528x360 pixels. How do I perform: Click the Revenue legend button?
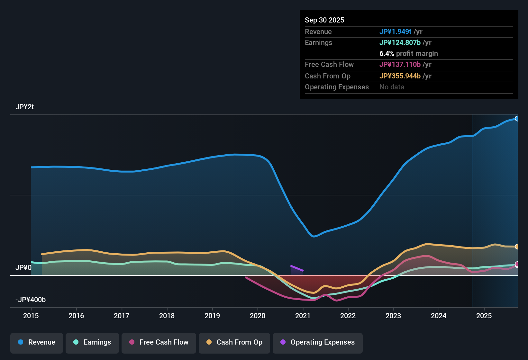(37, 342)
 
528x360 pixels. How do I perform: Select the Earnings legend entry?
(92, 342)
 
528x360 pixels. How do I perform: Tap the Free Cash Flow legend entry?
(159, 342)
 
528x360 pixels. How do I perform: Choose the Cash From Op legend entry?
(234, 342)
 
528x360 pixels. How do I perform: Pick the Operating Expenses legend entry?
(318, 342)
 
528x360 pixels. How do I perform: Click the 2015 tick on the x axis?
(31, 316)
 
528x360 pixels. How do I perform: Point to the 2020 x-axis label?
(258, 316)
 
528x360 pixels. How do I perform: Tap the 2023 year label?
(393, 316)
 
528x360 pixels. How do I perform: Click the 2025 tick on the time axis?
(484, 316)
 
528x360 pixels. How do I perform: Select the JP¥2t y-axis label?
(25, 107)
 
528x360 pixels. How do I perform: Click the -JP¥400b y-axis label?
(31, 300)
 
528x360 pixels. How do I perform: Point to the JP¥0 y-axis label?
(23, 268)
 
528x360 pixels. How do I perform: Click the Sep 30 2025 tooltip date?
(324, 20)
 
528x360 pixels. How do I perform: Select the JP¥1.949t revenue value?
(395, 32)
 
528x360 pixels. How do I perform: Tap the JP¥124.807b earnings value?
(400, 42)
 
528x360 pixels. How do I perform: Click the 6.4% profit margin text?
(408, 53)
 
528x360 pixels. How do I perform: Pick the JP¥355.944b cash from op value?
(400, 76)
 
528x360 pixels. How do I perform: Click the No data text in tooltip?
(392, 87)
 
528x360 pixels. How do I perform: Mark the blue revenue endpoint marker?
(517, 119)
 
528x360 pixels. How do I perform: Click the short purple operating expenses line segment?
(297, 268)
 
